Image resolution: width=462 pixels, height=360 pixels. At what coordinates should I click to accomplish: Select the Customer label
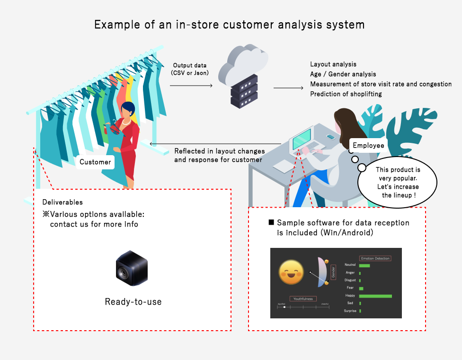95,162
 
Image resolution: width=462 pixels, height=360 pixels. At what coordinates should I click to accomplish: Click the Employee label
369,145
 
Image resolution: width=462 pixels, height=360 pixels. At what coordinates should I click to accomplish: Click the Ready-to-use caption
133,301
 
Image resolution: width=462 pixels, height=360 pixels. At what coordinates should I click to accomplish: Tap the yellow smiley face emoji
291,272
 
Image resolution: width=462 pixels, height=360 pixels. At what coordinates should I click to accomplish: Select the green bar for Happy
375,296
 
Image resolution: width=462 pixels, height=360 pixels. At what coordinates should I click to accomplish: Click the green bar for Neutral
364,265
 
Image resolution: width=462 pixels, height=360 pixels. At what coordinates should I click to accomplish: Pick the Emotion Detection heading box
375,258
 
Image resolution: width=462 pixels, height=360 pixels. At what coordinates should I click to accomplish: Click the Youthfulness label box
303,299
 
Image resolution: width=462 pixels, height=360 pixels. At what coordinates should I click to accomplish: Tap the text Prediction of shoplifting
346,94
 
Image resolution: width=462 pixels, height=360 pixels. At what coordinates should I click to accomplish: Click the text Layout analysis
333,64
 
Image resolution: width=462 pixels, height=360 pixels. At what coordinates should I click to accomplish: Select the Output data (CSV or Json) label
191,69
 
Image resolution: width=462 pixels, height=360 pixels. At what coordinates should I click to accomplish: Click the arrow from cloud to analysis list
288,88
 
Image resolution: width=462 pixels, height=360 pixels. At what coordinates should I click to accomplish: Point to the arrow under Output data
191,85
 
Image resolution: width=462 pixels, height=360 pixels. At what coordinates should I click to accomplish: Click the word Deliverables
62,202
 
